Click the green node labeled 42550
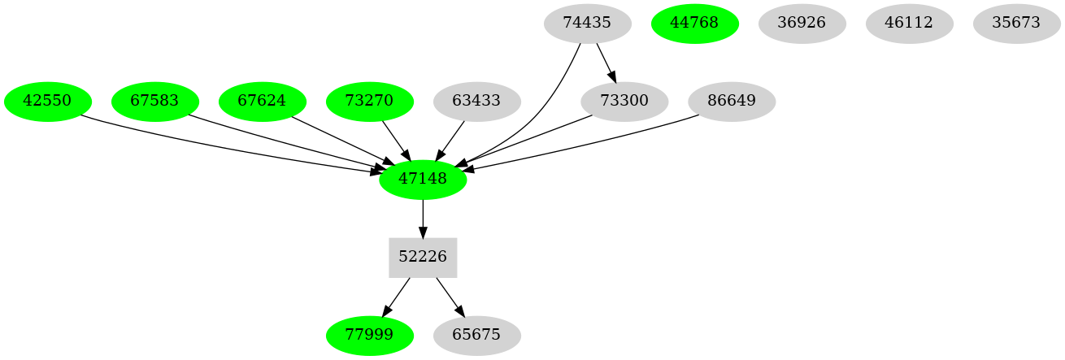click(x=48, y=102)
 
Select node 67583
click(x=155, y=102)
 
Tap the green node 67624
click(x=263, y=102)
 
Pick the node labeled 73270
click(x=370, y=102)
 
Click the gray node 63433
click(x=477, y=102)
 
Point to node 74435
click(x=587, y=23)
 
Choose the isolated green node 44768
click(x=695, y=23)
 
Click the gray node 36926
click(x=802, y=23)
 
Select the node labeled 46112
click(x=910, y=23)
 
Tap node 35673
click(x=1017, y=23)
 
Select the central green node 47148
click(x=423, y=179)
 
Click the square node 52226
click(x=423, y=257)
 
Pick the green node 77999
click(x=370, y=335)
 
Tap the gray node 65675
click(x=477, y=335)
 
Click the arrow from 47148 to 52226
click(x=423, y=218)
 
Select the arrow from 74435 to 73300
click(x=606, y=62)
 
